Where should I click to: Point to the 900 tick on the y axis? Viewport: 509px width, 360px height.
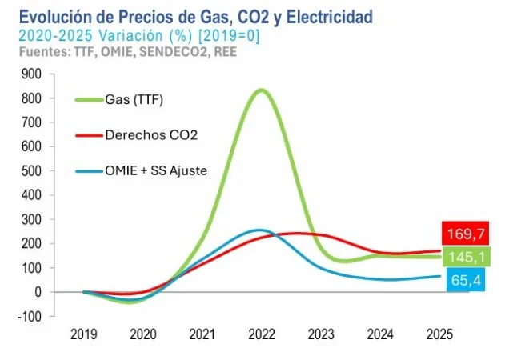click(x=32, y=74)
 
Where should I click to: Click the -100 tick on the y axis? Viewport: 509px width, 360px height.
click(x=30, y=317)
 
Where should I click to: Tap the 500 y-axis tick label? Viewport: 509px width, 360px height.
click(x=32, y=171)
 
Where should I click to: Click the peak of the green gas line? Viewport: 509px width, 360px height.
click(x=262, y=90)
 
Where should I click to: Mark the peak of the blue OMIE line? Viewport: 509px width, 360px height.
click(x=258, y=230)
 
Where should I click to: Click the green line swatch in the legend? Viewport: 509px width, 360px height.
click(x=88, y=100)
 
